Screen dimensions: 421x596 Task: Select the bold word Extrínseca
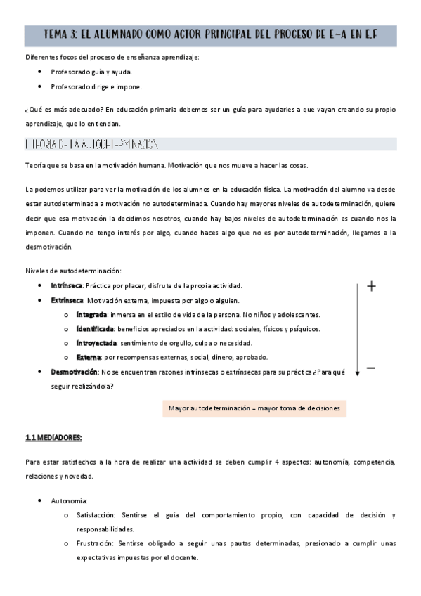click(x=67, y=300)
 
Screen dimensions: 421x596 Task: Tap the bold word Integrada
click(x=91, y=314)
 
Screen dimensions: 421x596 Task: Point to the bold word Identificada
click(x=96, y=329)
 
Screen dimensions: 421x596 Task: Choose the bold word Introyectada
click(x=97, y=343)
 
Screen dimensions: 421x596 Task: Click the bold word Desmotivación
click(x=74, y=372)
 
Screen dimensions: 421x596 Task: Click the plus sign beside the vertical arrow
click(x=372, y=286)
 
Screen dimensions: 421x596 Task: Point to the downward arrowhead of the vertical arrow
click(x=357, y=372)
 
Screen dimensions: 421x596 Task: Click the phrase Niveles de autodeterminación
click(x=73, y=271)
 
